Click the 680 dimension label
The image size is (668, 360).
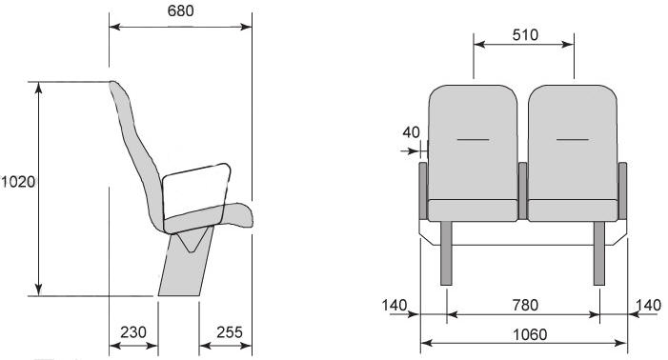(181, 11)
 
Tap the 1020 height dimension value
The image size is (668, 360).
(18, 182)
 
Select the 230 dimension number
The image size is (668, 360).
(133, 332)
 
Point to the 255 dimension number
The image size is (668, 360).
(230, 332)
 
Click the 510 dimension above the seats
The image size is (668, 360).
(525, 35)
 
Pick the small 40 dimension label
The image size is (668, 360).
(411, 132)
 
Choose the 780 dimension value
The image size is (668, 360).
(525, 305)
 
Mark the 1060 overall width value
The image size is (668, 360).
(530, 335)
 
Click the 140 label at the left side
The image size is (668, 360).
(395, 305)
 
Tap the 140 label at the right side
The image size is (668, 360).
(648, 305)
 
